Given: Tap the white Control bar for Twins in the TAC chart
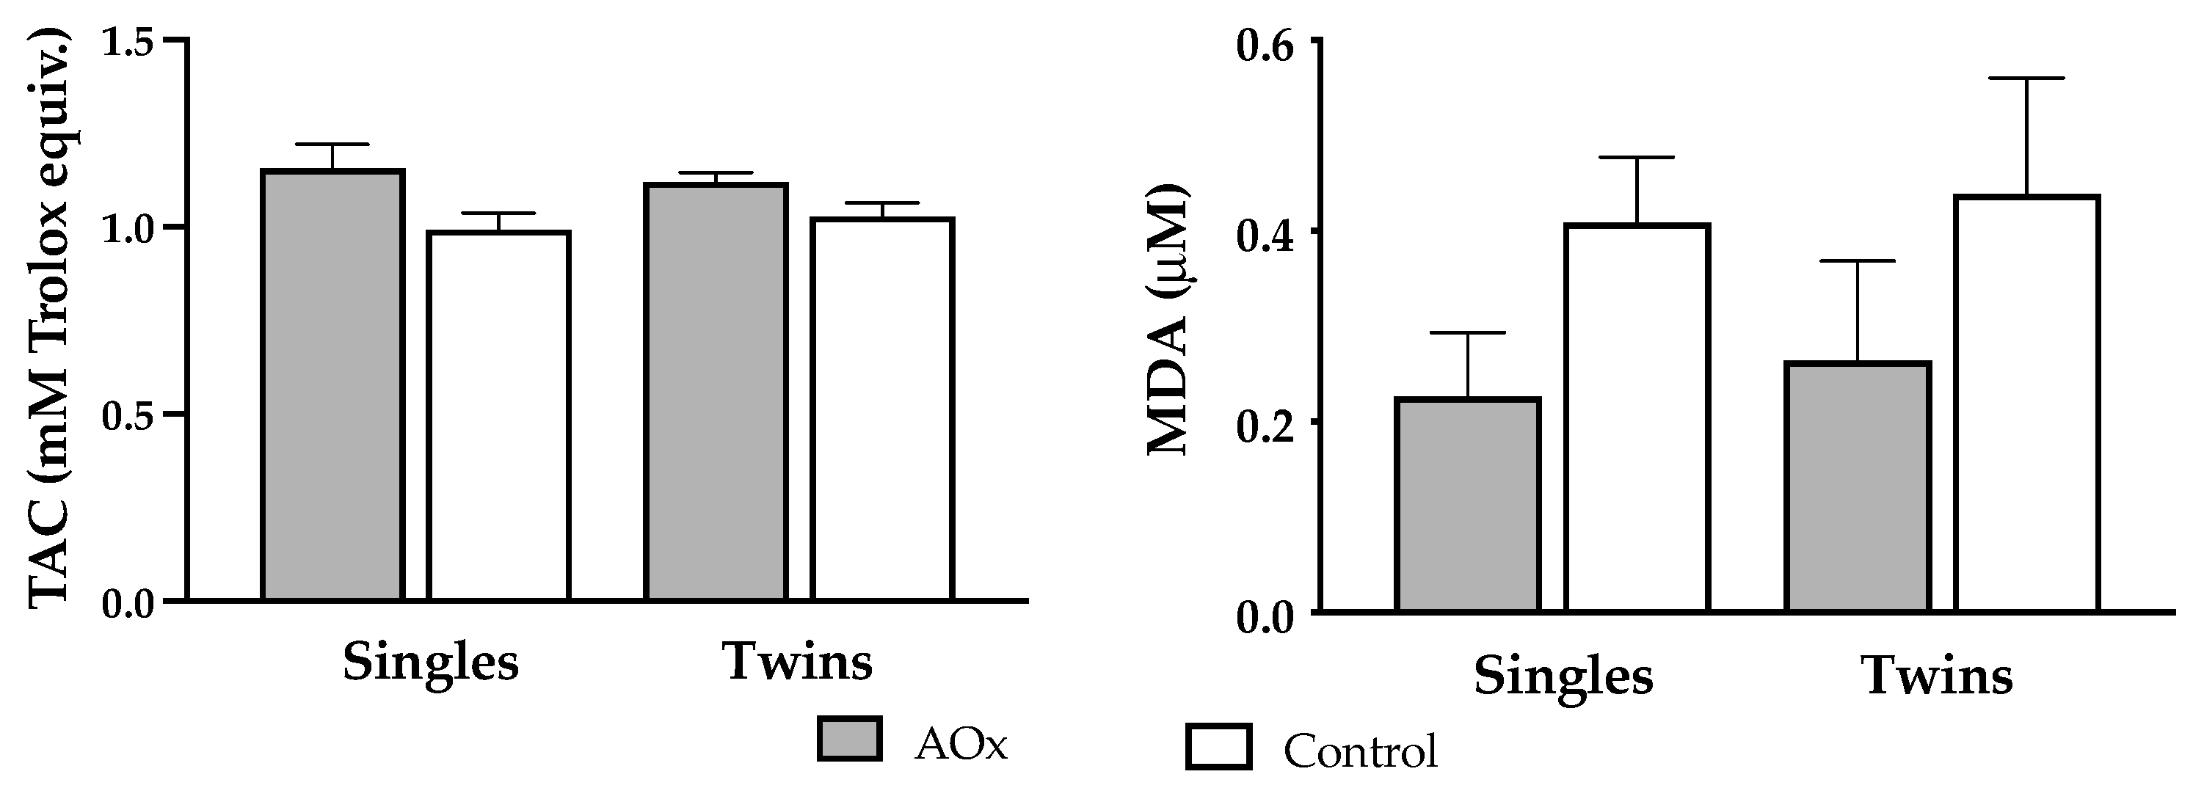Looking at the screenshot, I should pyautogui.click(x=882, y=409).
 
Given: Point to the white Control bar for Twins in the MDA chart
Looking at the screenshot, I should pyautogui.click(x=2026, y=404).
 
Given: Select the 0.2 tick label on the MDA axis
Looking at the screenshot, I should pyautogui.click(x=1265, y=423).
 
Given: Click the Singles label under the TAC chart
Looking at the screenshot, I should pyautogui.click(x=431, y=661).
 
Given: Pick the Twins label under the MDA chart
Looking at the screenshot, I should pyautogui.click(x=1938, y=676).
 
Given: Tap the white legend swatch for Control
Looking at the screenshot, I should pyautogui.click(x=1218, y=747).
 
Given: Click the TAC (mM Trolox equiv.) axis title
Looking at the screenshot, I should pyautogui.click(x=51, y=319).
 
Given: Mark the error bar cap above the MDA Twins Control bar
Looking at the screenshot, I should pyautogui.click(x=2026, y=79).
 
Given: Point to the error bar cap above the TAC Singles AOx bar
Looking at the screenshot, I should pyautogui.click(x=333, y=145).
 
